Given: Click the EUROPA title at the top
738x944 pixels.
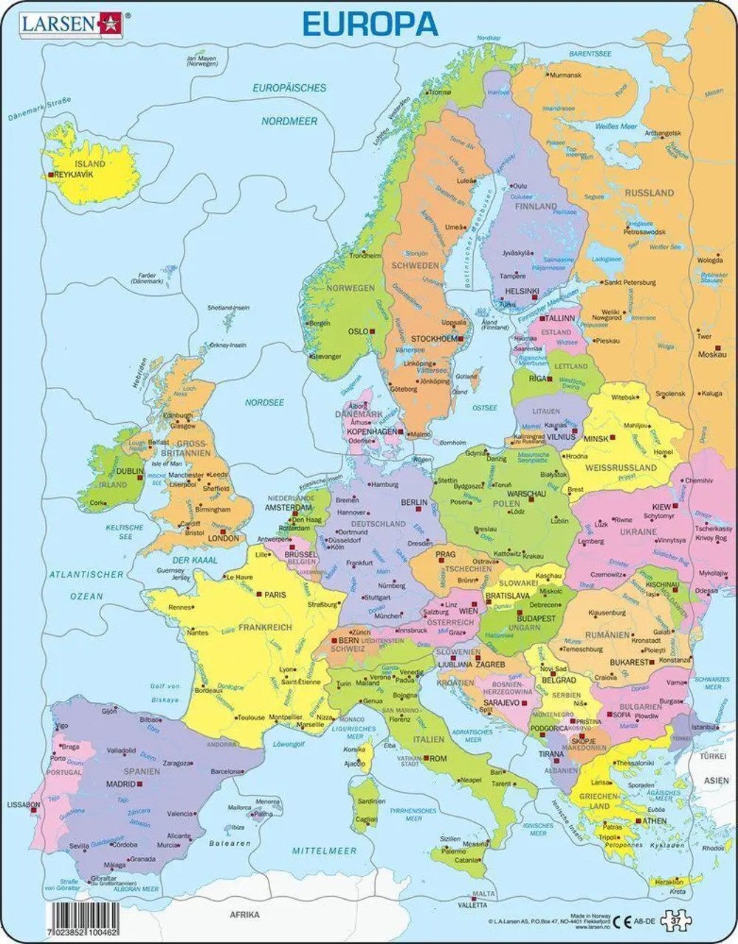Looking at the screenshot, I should (370, 24).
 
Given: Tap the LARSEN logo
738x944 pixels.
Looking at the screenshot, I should (71, 24).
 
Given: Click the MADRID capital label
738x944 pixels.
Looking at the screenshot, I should (120, 785).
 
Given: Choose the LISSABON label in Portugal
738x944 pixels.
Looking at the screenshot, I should (24, 805).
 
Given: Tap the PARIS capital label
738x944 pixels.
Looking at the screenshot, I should (275, 593).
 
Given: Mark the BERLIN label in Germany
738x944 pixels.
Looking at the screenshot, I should (413, 502).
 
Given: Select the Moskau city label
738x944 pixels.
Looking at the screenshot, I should (712, 354).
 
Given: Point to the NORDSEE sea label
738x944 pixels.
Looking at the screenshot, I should (264, 403).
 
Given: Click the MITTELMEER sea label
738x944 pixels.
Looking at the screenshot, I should (324, 851).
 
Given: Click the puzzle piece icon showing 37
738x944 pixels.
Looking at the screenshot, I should (675, 920).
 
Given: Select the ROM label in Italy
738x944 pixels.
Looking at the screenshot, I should (438, 758).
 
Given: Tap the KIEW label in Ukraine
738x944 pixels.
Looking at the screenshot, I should (661, 507).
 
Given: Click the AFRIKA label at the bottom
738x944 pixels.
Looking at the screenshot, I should (244, 914).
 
